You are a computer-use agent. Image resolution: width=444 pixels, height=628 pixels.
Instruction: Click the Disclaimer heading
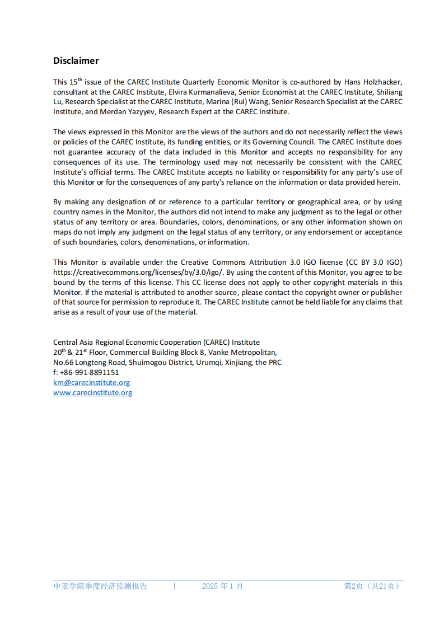[76, 60]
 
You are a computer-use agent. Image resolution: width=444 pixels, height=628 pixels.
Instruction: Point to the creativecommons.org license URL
[138, 273]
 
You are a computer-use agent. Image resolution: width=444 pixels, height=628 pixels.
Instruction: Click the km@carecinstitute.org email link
[92, 383]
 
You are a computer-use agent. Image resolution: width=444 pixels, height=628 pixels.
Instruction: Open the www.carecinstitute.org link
[93, 393]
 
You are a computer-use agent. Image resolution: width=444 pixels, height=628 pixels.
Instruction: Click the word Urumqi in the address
[208, 363]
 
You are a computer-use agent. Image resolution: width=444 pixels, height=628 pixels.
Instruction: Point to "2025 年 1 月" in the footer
[222, 586]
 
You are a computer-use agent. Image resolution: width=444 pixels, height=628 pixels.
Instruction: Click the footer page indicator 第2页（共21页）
[372, 586]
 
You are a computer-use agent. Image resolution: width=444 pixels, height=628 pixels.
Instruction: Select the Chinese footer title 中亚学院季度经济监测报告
[100, 586]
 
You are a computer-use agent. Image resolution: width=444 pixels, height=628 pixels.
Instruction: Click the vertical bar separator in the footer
[175, 586]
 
